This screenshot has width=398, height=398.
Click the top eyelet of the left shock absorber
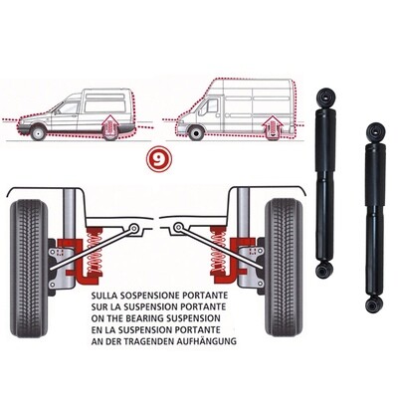[325, 96]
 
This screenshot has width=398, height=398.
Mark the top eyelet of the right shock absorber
[373, 130]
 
